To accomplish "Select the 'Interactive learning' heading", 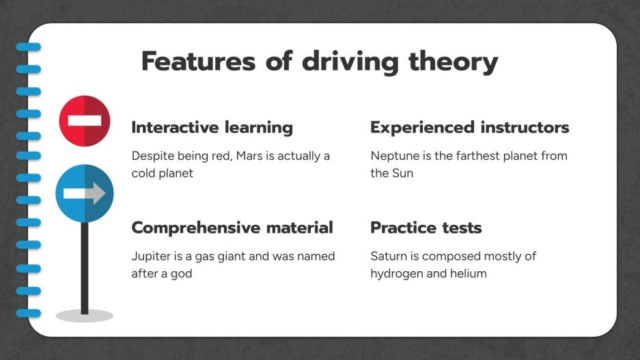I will click(212, 128).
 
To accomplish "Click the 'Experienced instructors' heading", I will click(469, 128).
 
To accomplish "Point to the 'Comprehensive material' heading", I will click(232, 227).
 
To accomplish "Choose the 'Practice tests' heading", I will click(426, 227).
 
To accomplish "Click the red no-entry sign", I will click(85, 121).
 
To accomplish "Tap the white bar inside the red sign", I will click(85, 121).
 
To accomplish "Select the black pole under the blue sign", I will click(85, 266).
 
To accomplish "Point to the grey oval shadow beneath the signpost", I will click(85, 316).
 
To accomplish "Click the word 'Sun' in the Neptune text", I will click(402, 173).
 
